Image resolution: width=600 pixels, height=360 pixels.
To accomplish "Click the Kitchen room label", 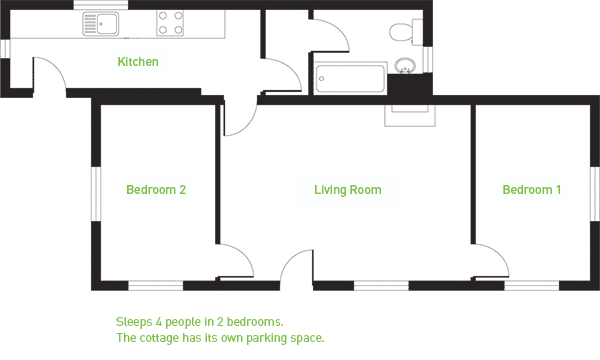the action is point(138,62).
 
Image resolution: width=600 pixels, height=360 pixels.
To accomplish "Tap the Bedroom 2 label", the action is point(156,189).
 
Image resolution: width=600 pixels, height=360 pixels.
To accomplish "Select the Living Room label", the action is point(347,189).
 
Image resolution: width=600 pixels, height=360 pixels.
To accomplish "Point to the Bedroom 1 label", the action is point(532,189).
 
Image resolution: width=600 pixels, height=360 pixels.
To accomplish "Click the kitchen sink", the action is point(101,24).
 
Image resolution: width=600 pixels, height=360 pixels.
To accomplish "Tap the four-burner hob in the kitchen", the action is point(170,23).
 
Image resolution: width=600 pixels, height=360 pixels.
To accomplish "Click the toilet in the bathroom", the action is point(406,32).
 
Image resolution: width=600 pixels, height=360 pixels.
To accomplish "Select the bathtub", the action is point(350,78).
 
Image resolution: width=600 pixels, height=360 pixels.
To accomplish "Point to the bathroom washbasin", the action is point(405,65).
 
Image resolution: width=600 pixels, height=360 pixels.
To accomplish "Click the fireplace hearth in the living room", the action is point(410,116).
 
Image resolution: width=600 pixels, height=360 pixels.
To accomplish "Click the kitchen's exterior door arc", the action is point(56,66).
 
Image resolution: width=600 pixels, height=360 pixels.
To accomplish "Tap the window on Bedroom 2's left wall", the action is point(96,194).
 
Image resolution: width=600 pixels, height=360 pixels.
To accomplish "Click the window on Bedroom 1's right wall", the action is point(595,194).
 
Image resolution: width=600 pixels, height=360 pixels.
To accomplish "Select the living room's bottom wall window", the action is point(381,285).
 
